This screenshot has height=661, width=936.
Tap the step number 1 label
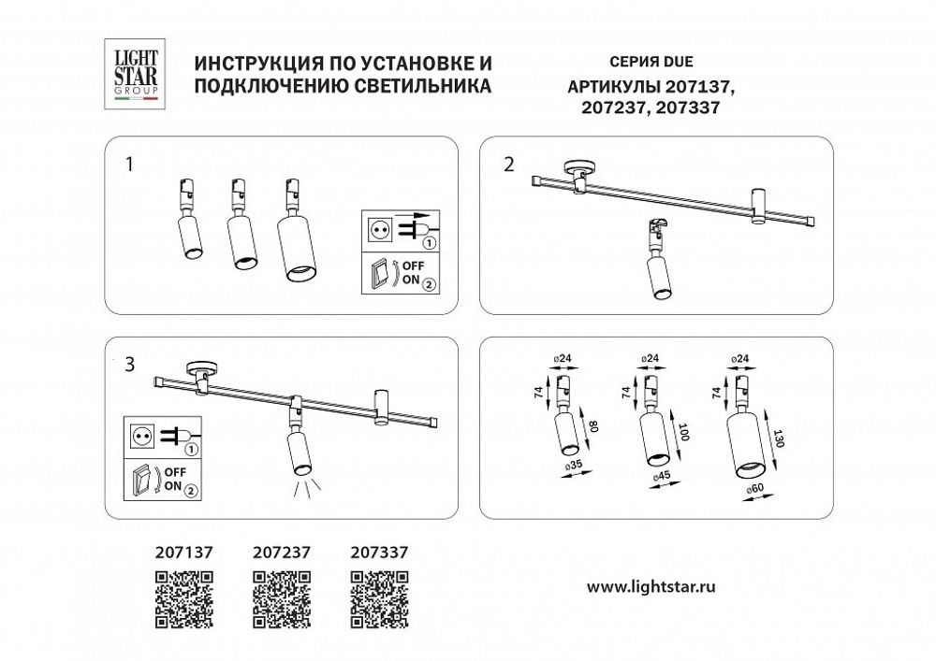(x=130, y=165)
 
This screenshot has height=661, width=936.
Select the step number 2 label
(x=508, y=165)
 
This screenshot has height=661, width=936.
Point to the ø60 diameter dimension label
(x=756, y=487)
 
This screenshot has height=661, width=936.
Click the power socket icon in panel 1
(x=382, y=228)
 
